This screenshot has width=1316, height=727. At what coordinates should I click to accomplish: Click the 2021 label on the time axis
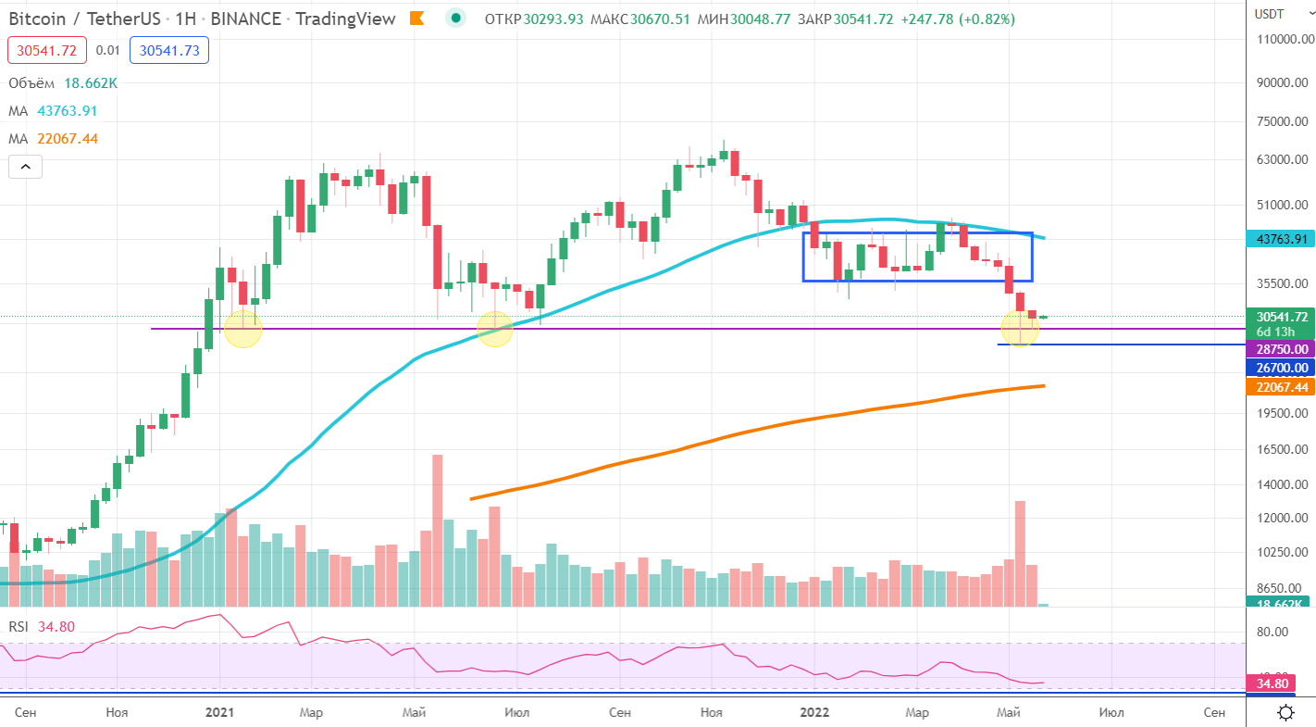point(219,712)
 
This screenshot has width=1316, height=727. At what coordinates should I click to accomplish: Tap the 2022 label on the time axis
point(814,712)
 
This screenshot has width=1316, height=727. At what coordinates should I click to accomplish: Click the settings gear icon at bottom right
point(1285,712)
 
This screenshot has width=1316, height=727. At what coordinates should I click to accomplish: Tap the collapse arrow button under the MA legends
point(26,168)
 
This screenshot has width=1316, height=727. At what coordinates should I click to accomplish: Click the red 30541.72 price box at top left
point(47,51)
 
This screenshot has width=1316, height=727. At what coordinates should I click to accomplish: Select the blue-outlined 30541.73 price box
point(169,51)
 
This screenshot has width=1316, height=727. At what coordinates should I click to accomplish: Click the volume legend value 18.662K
point(91,83)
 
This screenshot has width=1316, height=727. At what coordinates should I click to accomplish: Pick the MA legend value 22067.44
point(68,139)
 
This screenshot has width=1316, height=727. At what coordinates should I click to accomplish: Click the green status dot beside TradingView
point(455,19)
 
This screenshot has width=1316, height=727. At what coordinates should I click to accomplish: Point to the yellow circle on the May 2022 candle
point(1020,328)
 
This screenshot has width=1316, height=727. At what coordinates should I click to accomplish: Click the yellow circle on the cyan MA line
point(495,329)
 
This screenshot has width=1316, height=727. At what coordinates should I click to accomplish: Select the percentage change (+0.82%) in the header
point(985,19)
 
